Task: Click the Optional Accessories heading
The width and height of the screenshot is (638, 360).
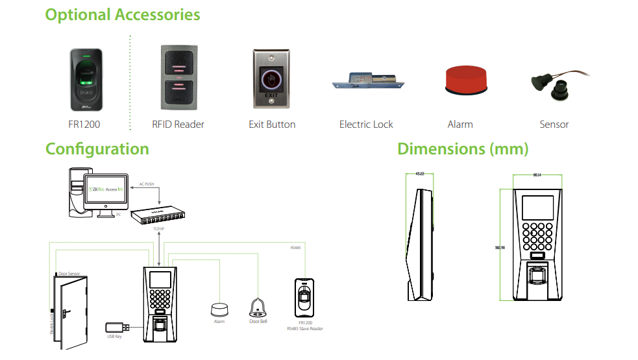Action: pyautogui.click(x=122, y=15)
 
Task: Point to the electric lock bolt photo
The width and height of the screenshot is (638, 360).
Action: pyautogui.click(x=367, y=82)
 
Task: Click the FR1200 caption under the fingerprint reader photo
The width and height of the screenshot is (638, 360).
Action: pyautogui.click(x=84, y=124)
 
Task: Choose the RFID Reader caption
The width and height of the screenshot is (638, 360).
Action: pyautogui.click(x=178, y=124)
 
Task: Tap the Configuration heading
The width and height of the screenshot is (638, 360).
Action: pyautogui.click(x=97, y=149)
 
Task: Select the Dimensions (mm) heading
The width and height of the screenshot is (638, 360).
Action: pyautogui.click(x=463, y=149)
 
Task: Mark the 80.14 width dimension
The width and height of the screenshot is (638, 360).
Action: pyautogui.click(x=537, y=174)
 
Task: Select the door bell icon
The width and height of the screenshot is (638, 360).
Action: pyautogui.click(x=258, y=307)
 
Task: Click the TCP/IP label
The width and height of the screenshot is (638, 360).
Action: pyautogui.click(x=158, y=229)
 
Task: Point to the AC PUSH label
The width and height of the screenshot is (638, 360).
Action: pyautogui.click(x=147, y=184)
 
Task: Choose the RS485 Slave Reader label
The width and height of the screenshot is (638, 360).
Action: pyautogui.click(x=305, y=329)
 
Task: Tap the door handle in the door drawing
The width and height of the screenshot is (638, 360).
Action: pyautogui.click(x=65, y=313)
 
